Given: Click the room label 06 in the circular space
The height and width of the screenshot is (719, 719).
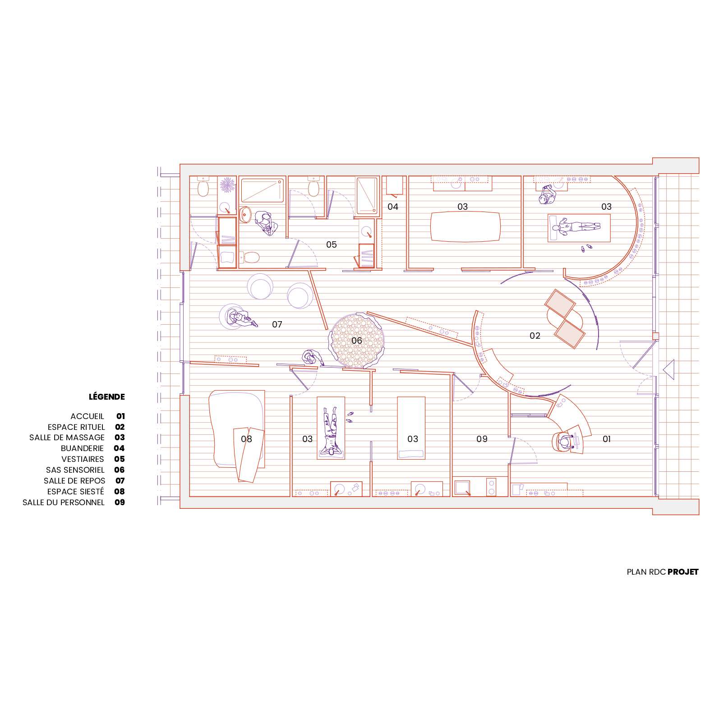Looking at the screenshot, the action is click(356, 340).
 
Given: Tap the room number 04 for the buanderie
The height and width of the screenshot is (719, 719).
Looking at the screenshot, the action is click(393, 207).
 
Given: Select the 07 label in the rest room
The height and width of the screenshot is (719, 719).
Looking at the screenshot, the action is click(277, 324).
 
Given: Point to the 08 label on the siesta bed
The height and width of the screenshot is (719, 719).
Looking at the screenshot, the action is click(246, 438).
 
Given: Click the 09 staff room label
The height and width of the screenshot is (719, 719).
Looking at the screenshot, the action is click(482, 438).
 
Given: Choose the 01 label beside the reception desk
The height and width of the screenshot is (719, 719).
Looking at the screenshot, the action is click(606, 438).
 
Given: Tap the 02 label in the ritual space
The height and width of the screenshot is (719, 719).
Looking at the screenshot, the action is click(535, 335).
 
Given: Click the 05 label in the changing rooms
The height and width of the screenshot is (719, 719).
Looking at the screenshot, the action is click(331, 244).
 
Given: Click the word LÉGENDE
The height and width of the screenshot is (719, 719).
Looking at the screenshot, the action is click(107, 397).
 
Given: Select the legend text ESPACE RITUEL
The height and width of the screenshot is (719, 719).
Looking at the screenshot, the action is click(76, 427).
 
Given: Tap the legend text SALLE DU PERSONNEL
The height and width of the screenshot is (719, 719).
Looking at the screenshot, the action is click(64, 502).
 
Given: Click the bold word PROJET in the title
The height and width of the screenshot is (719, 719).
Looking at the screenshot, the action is click(683, 572).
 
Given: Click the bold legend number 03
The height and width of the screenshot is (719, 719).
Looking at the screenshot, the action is click(120, 437).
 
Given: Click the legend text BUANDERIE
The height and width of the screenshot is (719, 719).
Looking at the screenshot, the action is click(82, 448).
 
